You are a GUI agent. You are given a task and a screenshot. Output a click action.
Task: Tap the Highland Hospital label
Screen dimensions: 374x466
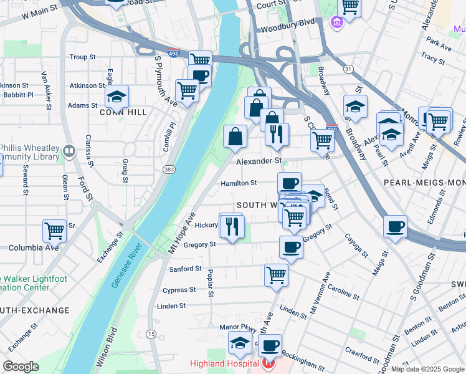coord(224,364)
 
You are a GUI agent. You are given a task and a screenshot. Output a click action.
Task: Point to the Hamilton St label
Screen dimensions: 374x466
coord(239,183)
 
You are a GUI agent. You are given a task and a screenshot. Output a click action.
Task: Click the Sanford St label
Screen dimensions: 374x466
coord(185,269)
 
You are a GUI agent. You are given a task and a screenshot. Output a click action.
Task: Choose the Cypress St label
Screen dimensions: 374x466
coord(179,290)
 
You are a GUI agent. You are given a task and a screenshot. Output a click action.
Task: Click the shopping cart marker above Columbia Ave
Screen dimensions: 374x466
coord(54,230)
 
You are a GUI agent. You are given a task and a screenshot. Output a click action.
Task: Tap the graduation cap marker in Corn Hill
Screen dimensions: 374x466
coord(116,96)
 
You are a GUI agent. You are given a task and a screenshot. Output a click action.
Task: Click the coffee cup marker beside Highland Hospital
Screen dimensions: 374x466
coord(270,345)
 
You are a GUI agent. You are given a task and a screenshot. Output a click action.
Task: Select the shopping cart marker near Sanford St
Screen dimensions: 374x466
coord(276,274)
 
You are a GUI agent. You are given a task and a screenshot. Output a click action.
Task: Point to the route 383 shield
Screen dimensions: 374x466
coord(168,169)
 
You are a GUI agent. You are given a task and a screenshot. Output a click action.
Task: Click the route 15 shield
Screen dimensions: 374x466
coord(151,335)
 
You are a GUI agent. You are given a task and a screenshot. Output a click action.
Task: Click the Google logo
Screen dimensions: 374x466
coord(21,367)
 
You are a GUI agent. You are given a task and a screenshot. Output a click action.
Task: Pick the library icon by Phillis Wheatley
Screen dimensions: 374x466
coord(69,150)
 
